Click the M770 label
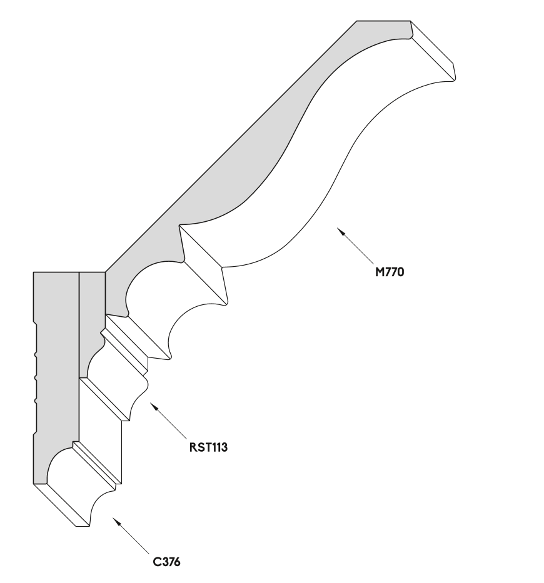[x=389, y=272]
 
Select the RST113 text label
[x=208, y=447]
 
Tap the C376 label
[x=166, y=561]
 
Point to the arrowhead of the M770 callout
[x=340, y=231]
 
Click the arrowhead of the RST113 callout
[x=154, y=406]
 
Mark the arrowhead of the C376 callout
[x=116, y=521]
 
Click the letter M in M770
[x=379, y=272]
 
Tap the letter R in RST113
[x=193, y=447]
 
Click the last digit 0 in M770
[x=400, y=272]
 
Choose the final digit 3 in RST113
[x=224, y=447]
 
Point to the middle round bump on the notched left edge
[x=36, y=378]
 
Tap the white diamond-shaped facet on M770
[x=204, y=265]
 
